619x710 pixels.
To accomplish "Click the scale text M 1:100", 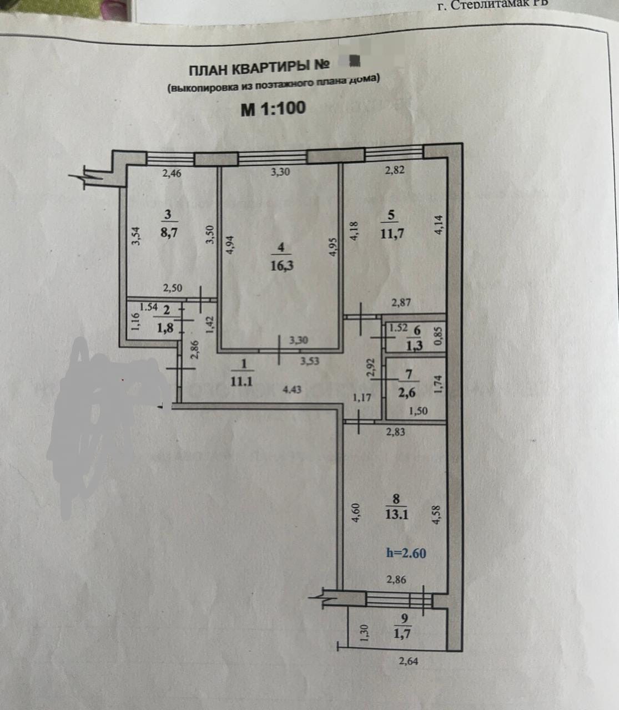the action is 273,108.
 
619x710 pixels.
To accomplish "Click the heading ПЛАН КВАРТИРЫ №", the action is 259,68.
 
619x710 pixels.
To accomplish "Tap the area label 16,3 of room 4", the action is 281,266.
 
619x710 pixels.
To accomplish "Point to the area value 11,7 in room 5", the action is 392,234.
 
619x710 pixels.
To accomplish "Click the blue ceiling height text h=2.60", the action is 406,553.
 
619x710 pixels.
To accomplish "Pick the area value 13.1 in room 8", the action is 396,514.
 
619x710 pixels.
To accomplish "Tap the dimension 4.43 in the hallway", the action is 292,389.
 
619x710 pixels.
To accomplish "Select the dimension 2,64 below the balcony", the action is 409,661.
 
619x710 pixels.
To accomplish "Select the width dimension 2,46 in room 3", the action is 172,174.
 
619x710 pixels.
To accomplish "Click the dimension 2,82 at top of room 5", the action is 394,170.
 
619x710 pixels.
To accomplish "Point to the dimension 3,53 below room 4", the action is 310,361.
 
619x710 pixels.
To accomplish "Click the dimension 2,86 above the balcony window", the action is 396,580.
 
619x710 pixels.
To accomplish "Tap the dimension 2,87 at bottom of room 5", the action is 401,302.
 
